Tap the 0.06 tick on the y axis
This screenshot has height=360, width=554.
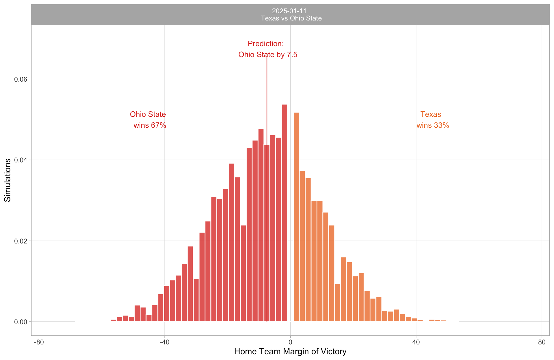point(19,79)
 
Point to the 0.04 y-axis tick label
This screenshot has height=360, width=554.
point(19,160)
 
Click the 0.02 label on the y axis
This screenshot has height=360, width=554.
point(19,241)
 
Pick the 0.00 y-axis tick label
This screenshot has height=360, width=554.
point(19,322)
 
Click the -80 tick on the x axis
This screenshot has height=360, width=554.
point(39,342)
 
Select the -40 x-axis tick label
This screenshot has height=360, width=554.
point(164,342)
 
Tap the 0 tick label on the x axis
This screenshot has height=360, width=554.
point(290,342)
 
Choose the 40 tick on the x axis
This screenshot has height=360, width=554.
point(416,342)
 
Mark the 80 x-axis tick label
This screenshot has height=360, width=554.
point(542,342)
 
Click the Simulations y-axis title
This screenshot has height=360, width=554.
point(8,180)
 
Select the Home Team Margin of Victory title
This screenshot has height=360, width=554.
point(290,351)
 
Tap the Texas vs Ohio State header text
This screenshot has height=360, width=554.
point(291,18)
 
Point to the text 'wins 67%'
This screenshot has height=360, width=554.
point(150,125)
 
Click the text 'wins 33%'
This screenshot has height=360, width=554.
point(433,125)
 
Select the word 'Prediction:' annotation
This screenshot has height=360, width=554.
point(266,44)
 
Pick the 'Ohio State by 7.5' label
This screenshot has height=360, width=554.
point(268,55)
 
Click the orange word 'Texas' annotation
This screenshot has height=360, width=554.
point(431,115)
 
